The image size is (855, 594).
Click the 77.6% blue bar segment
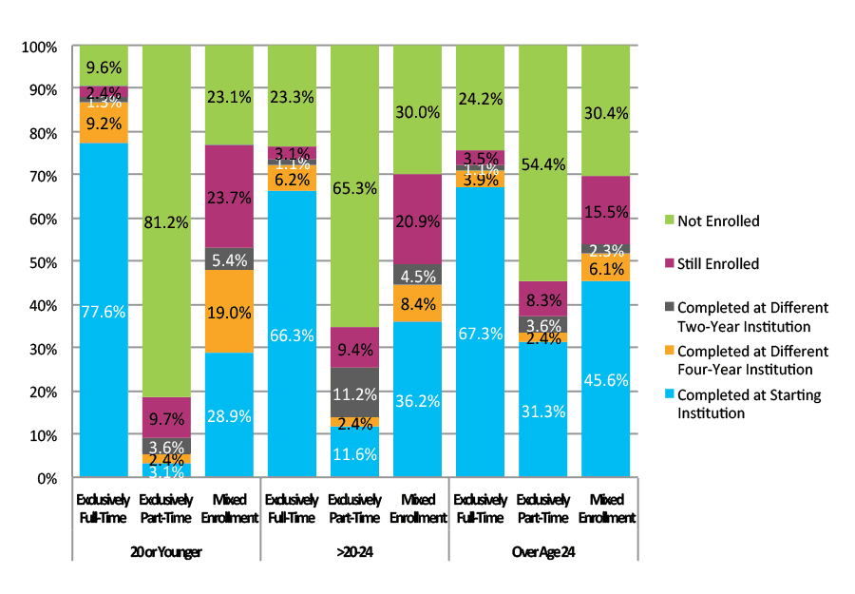[x=104, y=310]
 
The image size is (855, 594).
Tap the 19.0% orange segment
[x=229, y=312]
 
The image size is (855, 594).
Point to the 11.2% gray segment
[x=355, y=393]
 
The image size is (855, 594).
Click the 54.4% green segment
[x=542, y=163]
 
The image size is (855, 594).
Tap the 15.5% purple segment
[x=605, y=210]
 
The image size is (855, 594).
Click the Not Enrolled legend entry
[x=718, y=220]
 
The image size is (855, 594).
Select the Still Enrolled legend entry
[x=719, y=264]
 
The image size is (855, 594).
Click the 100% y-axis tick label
[x=41, y=47]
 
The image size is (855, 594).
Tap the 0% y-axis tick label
[x=47, y=478]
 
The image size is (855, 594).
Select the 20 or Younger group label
[x=166, y=551]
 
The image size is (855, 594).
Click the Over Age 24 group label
[x=542, y=551]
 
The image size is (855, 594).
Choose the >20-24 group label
[x=355, y=551]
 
